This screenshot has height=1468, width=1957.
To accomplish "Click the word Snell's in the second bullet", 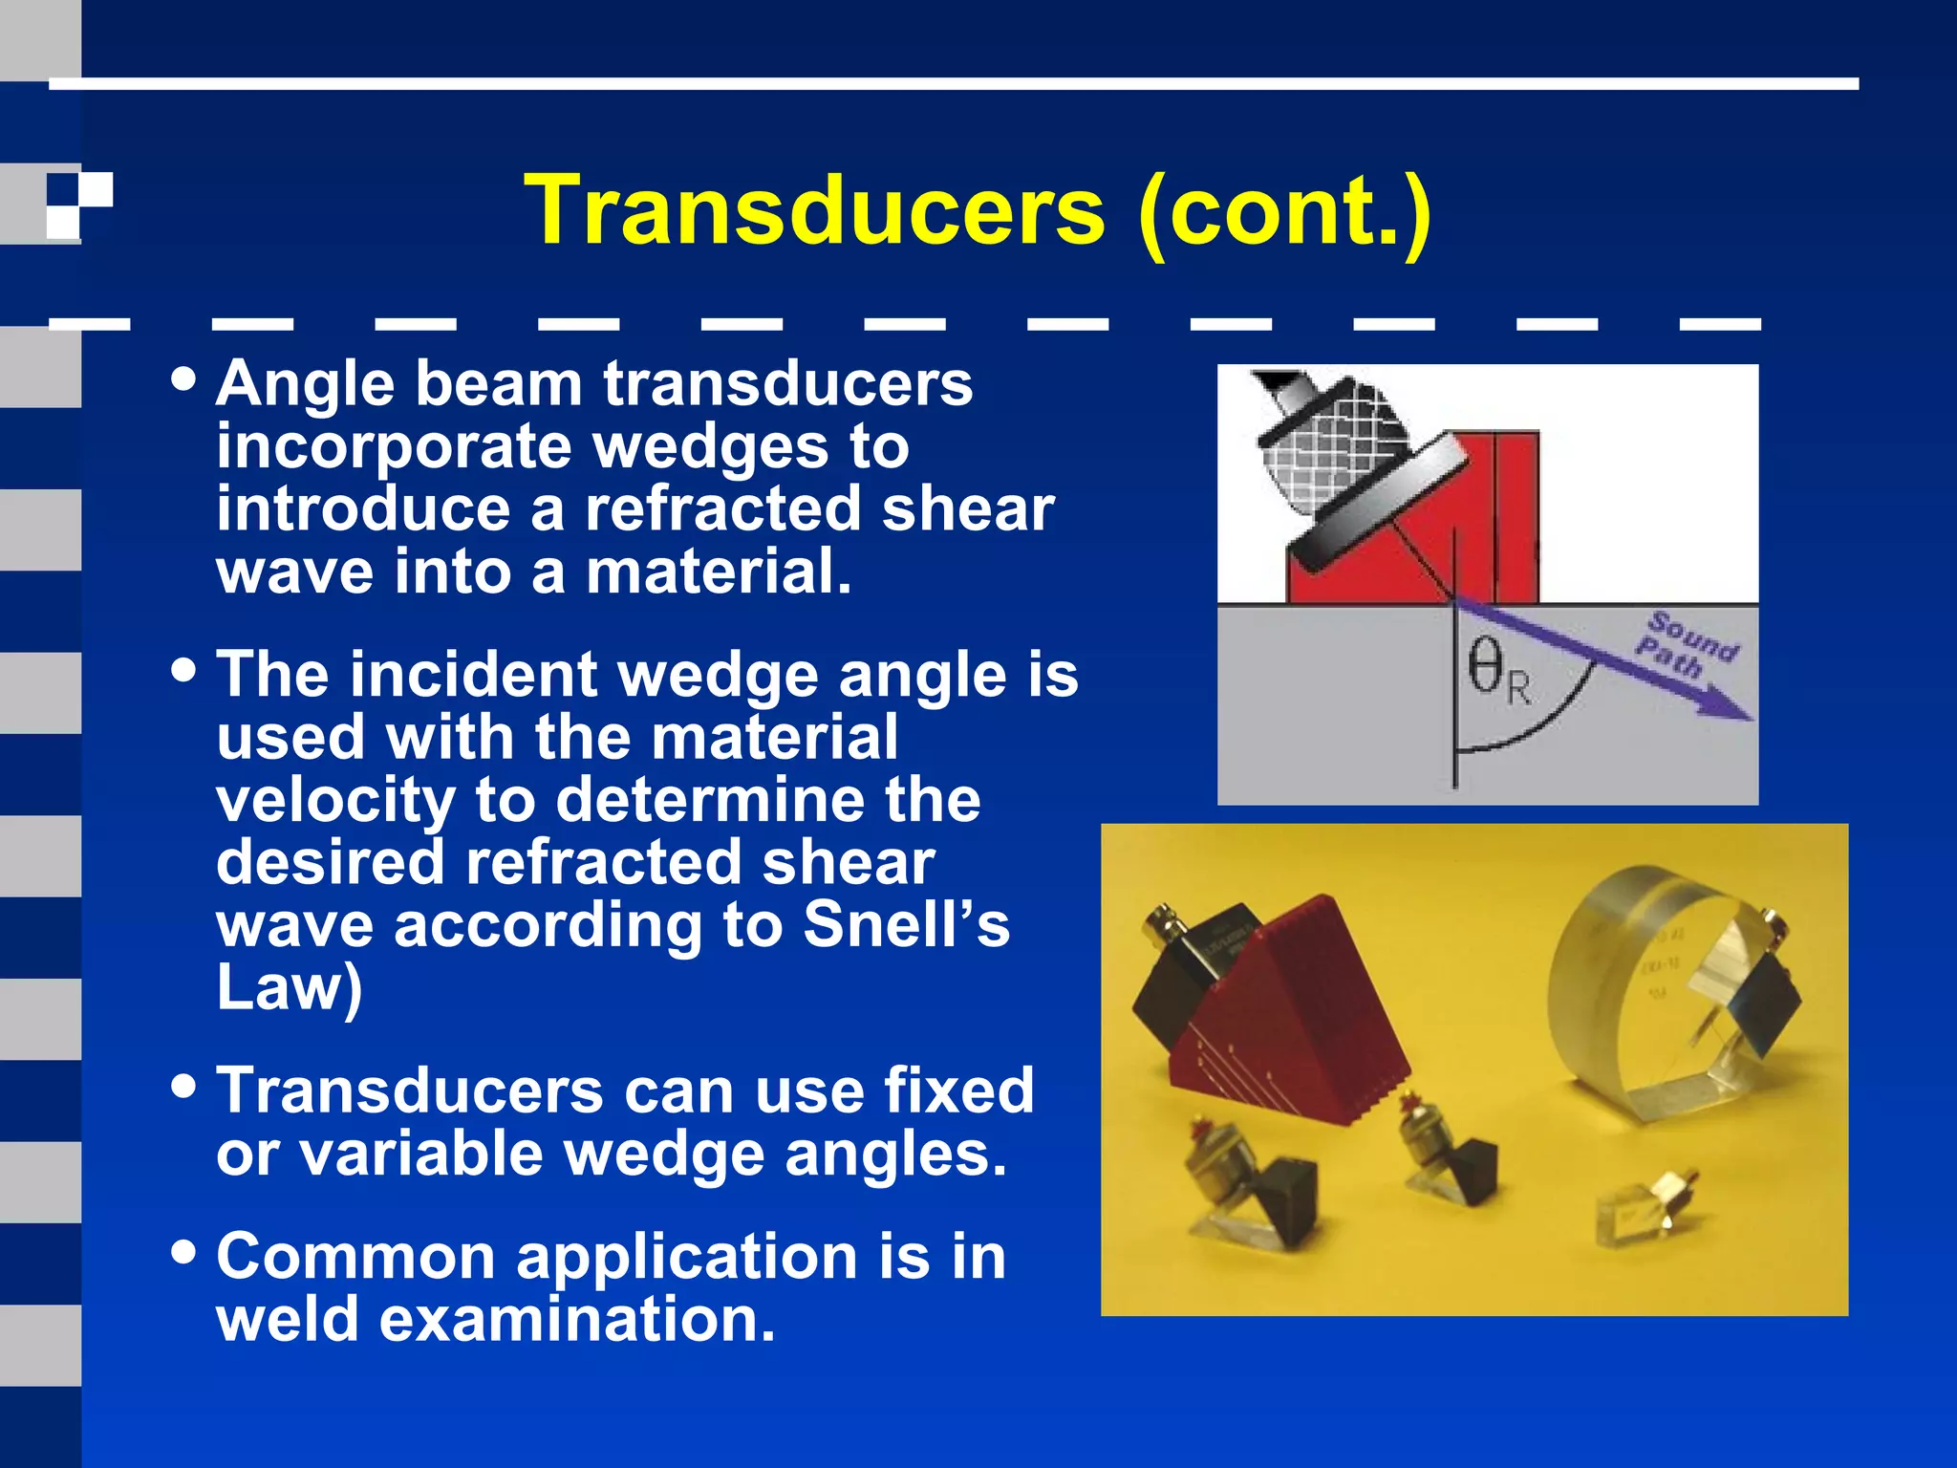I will [x=906, y=925].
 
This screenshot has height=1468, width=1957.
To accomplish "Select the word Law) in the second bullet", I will [x=289, y=987].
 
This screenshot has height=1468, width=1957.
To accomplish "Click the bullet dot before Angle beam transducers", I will [x=183, y=379].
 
